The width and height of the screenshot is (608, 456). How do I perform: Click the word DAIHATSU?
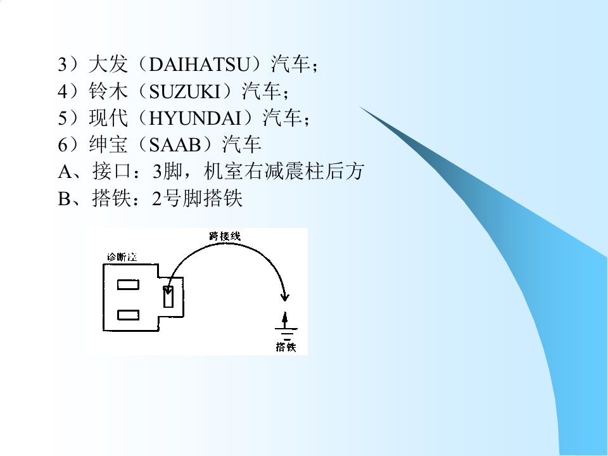click(199, 65)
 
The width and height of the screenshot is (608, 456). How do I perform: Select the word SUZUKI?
click(184, 91)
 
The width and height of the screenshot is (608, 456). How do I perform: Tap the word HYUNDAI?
click(195, 118)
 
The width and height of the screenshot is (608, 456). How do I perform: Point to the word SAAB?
click(175, 145)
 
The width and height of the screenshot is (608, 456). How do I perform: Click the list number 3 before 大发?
click(63, 65)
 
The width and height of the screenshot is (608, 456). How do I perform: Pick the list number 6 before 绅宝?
click(63, 145)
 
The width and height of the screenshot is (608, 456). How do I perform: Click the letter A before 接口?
click(65, 172)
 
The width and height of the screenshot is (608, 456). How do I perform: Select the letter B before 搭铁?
click(64, 198)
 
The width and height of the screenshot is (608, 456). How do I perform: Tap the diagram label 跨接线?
click(225, 236)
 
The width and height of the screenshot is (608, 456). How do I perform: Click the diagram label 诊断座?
click(122, 257)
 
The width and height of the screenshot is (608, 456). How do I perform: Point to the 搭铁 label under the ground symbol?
click(286, 346)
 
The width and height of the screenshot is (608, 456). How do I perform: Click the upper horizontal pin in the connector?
click(129, 285)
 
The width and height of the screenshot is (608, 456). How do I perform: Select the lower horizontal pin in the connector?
click(129, 315)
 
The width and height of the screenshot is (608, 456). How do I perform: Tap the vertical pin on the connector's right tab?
click(168, 296)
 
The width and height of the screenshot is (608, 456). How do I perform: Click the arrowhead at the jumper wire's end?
click(285, 297)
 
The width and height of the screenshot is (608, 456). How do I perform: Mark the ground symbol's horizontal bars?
click(286, 334)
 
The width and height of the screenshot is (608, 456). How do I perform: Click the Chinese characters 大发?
click(108, 65)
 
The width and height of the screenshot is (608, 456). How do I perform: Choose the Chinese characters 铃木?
click(108, 91)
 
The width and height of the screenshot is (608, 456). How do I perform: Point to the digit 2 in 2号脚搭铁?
click(156, 198)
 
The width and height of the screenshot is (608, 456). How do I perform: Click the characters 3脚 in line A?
click(167, 172)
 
